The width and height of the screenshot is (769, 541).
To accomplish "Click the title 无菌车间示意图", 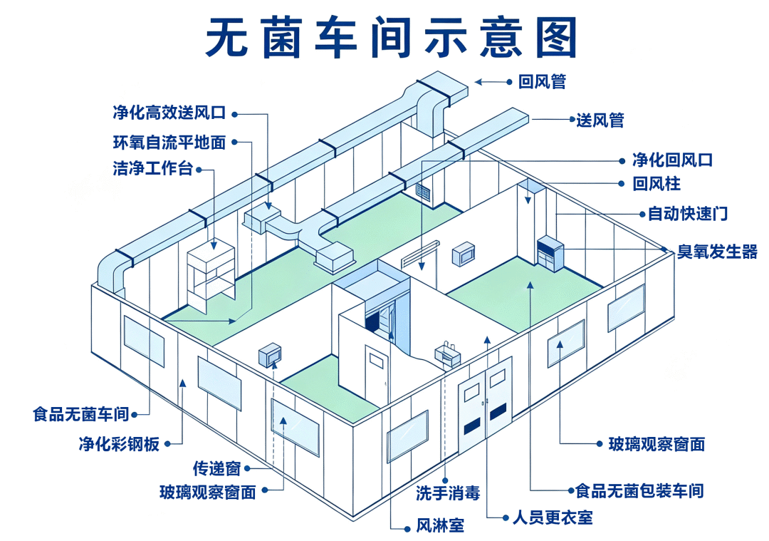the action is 390,38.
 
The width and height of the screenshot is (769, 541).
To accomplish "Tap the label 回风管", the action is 542,81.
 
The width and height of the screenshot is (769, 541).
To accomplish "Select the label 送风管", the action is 600,120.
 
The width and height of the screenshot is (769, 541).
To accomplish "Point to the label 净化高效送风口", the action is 169,113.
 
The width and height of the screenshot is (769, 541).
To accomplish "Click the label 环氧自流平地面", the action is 169,143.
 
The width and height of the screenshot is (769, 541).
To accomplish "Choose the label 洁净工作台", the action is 152,168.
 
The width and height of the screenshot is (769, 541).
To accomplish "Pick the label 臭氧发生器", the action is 717,252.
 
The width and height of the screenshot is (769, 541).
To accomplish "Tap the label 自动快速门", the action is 688,214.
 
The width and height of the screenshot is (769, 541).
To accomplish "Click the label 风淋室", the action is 440,525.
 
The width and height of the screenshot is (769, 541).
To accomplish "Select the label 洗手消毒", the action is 448,493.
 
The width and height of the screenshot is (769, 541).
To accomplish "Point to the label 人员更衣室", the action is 553,517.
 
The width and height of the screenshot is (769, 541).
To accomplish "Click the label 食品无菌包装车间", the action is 639,490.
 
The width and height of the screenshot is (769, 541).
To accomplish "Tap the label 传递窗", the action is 216,468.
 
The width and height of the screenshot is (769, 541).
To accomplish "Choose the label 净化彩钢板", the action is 119,444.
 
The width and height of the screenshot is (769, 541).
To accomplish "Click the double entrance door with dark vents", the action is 485,406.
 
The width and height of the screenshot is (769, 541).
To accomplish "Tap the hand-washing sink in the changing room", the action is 447,354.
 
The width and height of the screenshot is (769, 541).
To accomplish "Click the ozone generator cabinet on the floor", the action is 550,253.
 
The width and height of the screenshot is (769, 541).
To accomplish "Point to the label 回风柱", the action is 656,184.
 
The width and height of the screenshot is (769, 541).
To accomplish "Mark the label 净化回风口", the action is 672,160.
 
